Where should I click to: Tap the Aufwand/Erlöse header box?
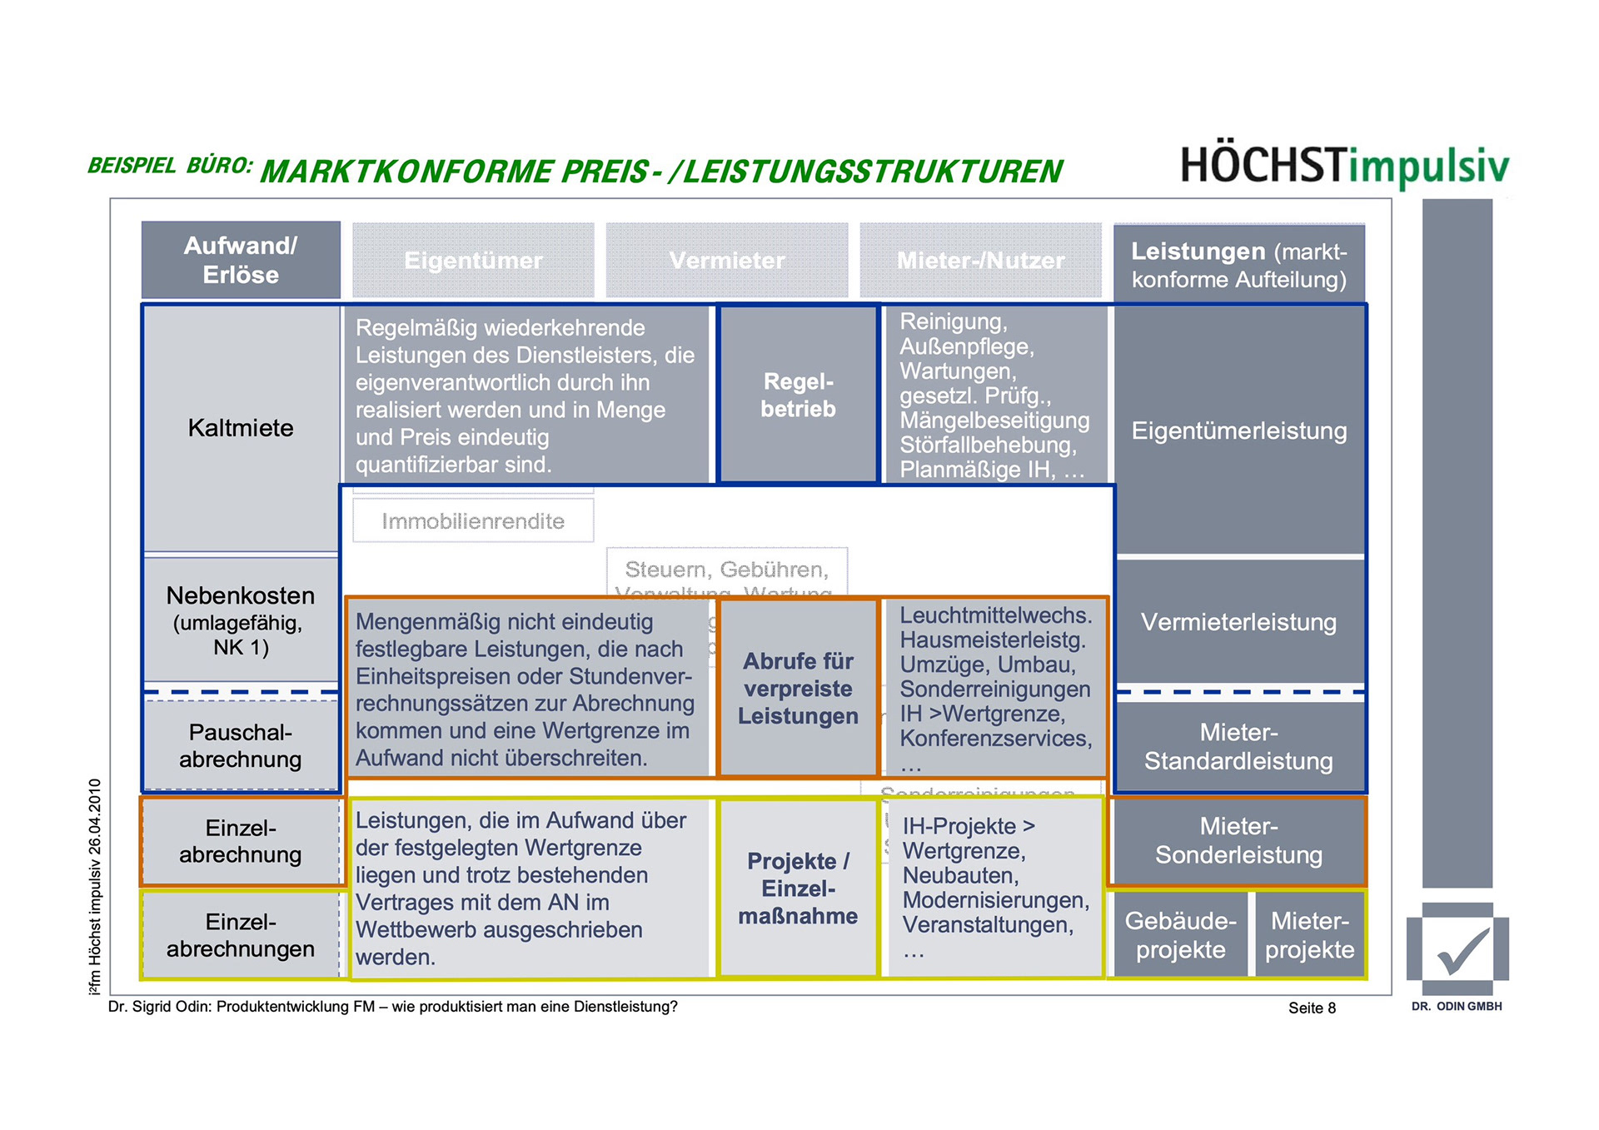[241, 260]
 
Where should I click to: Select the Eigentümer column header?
[473, 261]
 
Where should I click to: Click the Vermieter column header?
[727, 261]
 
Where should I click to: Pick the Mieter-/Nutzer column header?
[980, 261]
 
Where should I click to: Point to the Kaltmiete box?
[241, 428]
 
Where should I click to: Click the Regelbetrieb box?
[798, 395]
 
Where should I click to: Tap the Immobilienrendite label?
[473, 521]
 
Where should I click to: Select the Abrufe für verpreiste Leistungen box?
[798, 688]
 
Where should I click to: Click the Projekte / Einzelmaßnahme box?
[798, 888]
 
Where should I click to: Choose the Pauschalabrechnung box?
[241, 745]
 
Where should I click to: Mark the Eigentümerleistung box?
[1238, 431]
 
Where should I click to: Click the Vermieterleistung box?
[1238, 622]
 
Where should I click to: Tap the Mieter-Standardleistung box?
[1238, 746]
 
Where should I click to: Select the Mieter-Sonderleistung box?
[1238, 840]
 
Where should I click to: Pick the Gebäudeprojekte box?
[1180, 934]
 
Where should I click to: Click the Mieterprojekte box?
[1309, 934]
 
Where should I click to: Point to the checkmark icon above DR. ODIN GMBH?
[1457, 949]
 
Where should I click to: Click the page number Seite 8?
[1312, 1008]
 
